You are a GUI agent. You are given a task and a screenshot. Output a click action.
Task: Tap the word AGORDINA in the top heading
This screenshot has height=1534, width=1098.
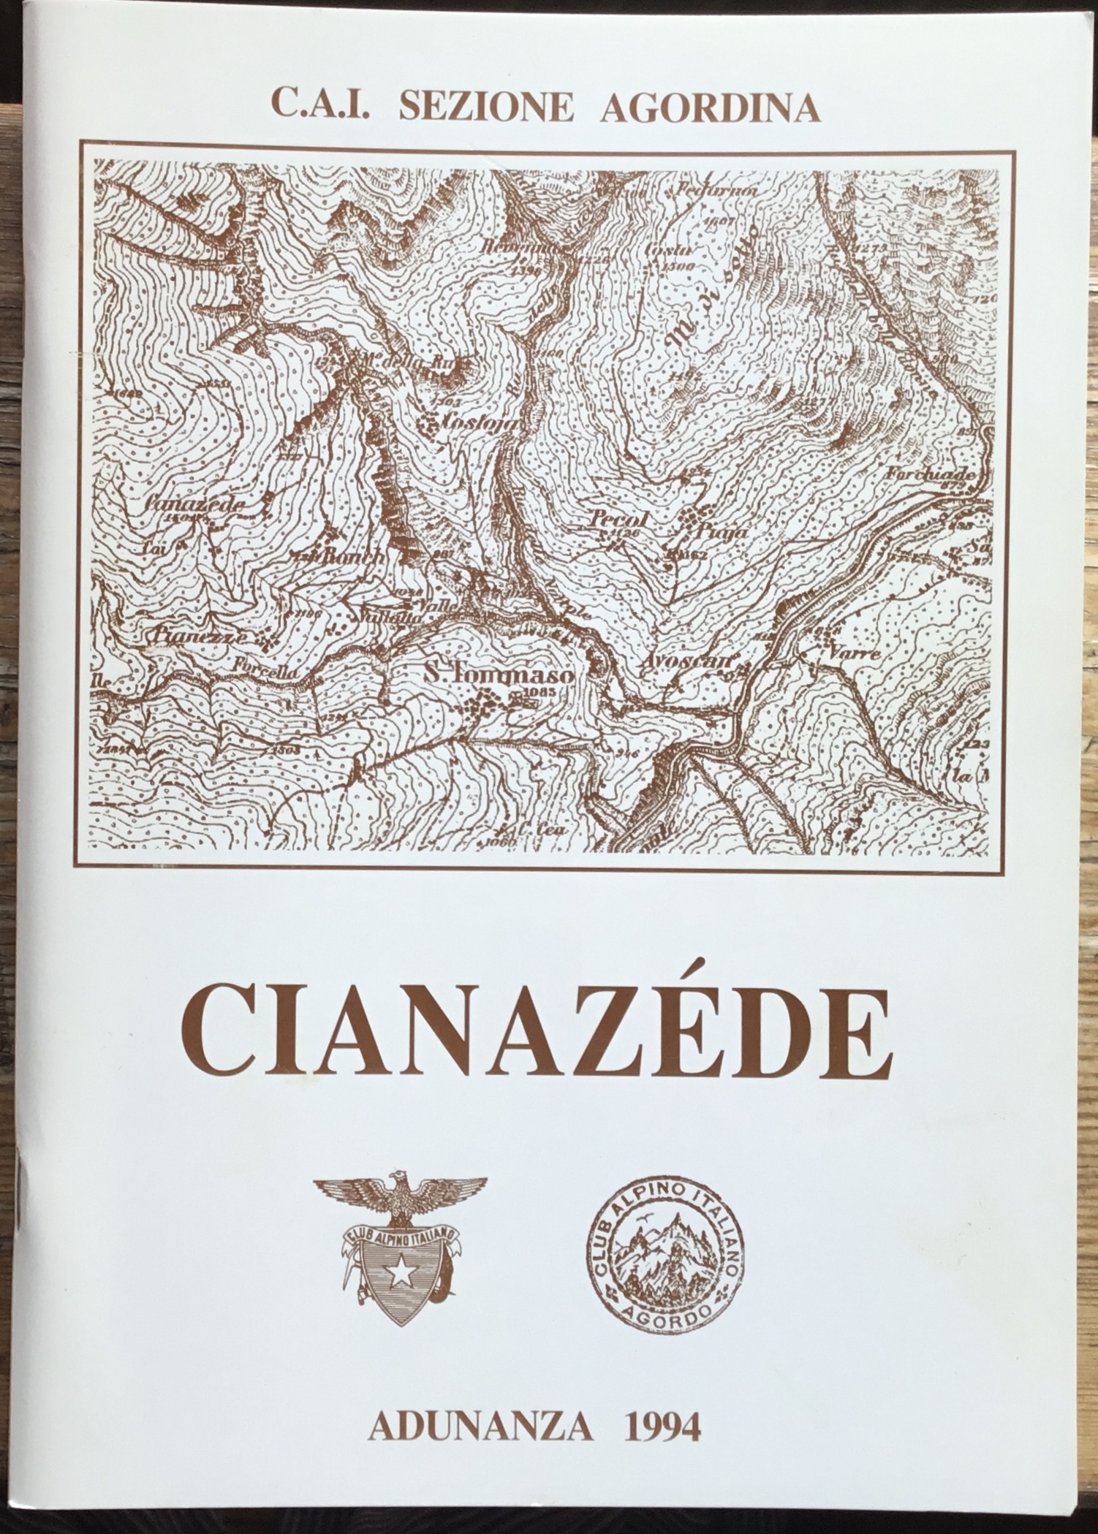(709, 108)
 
